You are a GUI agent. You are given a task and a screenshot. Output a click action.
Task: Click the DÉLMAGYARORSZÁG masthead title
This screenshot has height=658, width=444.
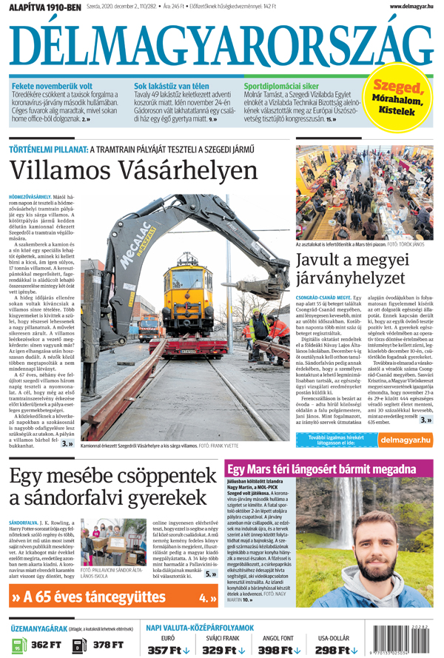tap(221, 47)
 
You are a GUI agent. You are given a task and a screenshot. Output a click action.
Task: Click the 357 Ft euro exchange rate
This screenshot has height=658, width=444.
tap(168, 650)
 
